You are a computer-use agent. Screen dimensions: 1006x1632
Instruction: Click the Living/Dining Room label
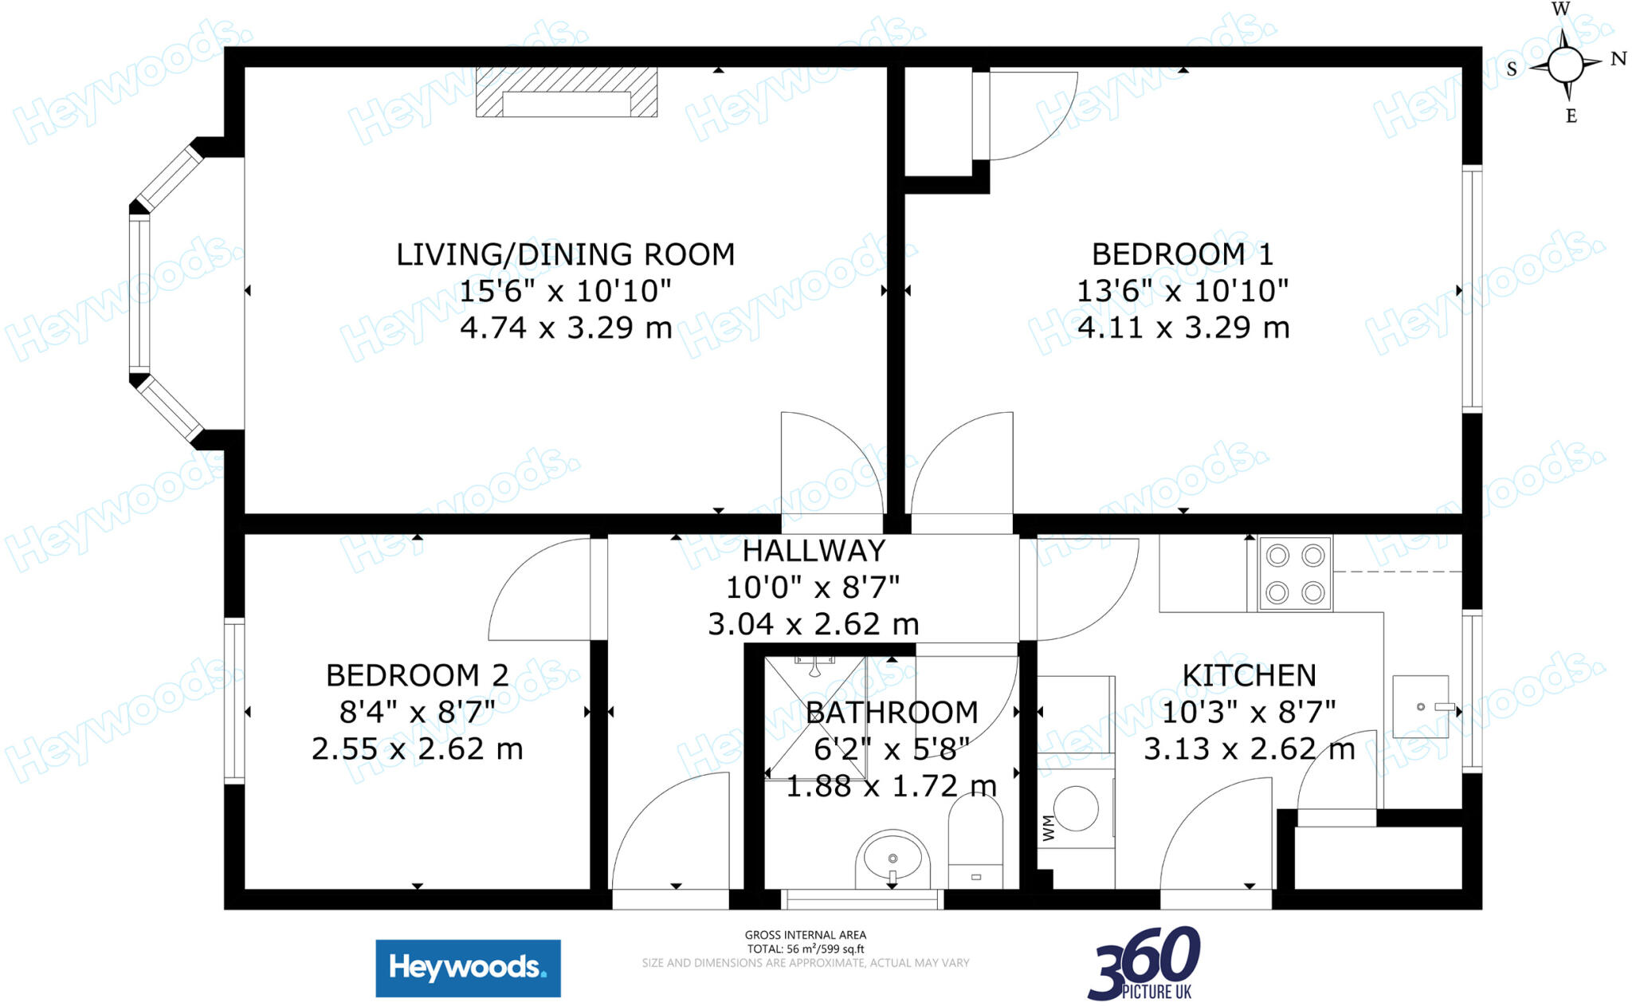click(x=565, y=254)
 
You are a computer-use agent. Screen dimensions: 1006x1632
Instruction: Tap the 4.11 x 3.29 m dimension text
click(x=1183, y=328)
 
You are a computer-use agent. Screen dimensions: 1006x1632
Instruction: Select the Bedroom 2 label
click(x=417, y=675)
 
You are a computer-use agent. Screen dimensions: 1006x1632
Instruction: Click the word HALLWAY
click(x=814, y=551)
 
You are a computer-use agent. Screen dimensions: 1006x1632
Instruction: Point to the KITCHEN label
click(x=1249, y=675)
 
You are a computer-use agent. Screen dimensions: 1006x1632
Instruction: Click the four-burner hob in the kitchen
click(x=1295, y=574)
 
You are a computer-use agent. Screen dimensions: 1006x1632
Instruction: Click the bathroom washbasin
click(x=892, y=860)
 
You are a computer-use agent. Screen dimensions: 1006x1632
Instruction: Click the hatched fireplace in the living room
click(x=567, y=92)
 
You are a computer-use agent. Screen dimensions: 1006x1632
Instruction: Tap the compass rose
click(x=1565, y=64)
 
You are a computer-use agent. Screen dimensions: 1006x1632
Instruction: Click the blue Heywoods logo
click(x=468, y=968)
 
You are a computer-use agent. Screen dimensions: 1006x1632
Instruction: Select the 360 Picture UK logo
click(x=1144, y=964)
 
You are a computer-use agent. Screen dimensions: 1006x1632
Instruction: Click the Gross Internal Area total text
click(x=805, y=942)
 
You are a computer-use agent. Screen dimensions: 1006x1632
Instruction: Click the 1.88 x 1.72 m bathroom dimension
click(x=891, y=787)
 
